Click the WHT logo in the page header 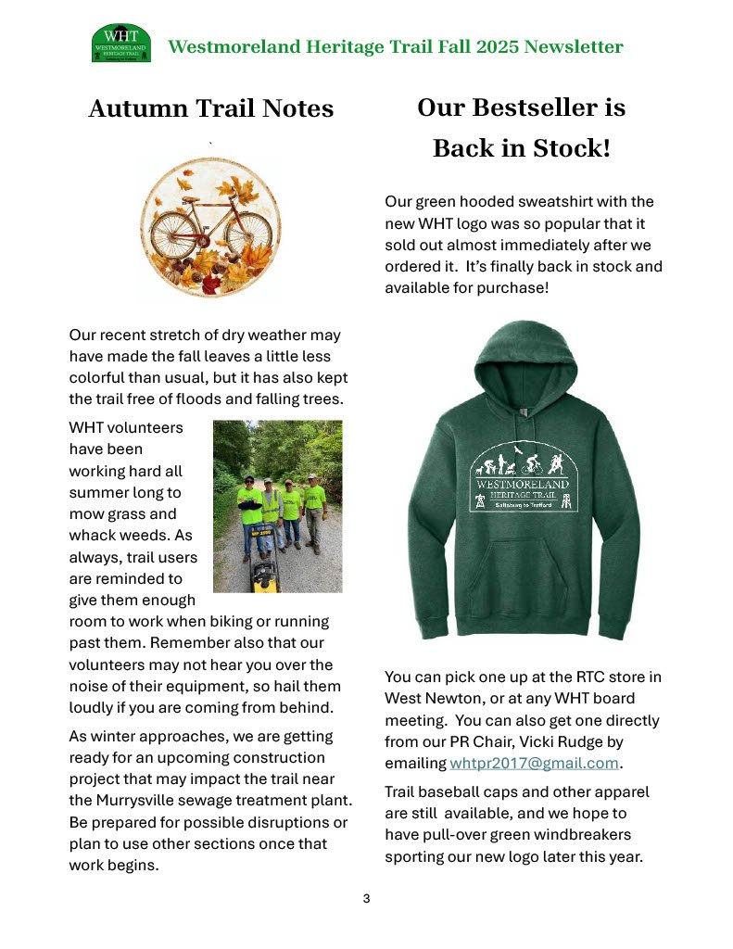click(120, 44)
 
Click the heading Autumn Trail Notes click(210, 108)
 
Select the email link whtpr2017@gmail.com click(534, 764)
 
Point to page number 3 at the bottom click(366, 898)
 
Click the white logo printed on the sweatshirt click(524, 475)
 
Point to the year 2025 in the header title click(495, 47)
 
